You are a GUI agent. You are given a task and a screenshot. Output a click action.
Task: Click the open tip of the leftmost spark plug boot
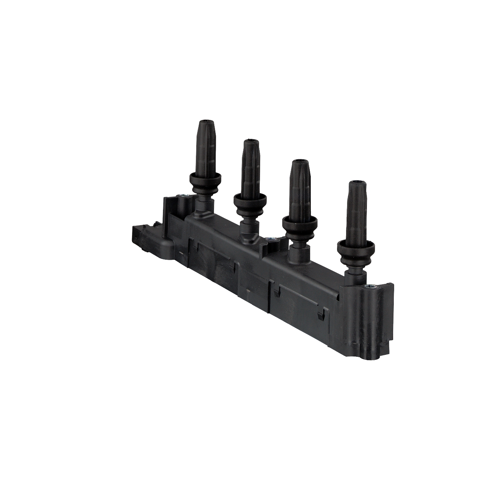point(205,122)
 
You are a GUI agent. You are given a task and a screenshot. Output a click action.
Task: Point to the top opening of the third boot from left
point(298,162)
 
